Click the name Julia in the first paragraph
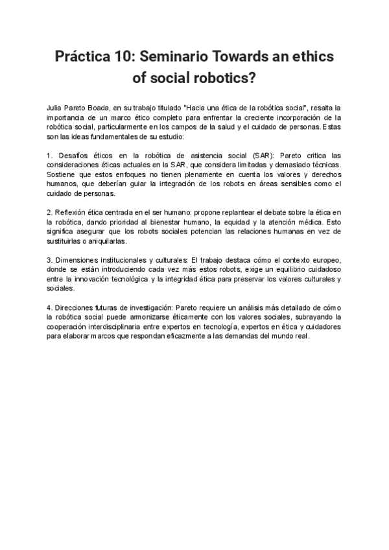[x=56, y=106]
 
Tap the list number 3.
[x=49, y=259]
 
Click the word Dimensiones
[x=78, y=259]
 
